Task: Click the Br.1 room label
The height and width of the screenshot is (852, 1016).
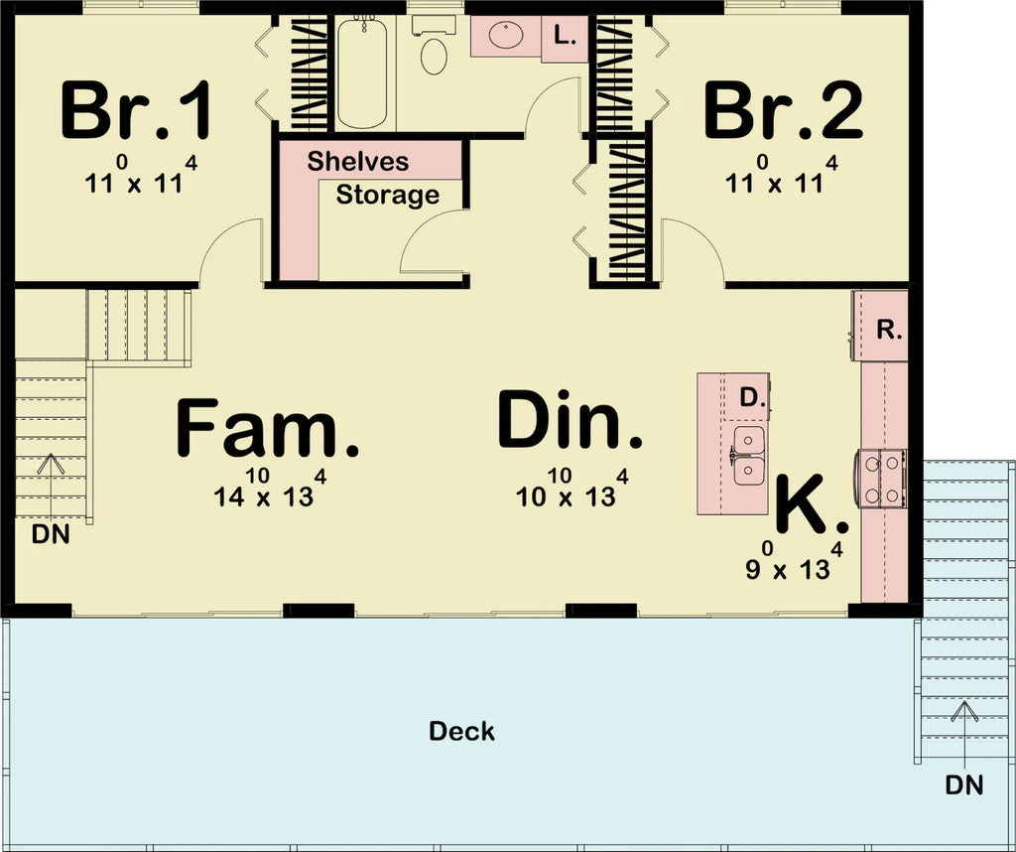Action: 136,112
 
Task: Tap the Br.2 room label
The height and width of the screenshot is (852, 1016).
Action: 783,112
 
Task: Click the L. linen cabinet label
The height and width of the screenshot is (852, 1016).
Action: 565,38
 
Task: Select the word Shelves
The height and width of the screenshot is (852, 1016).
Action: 357,161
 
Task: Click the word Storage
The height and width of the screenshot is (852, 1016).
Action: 387,195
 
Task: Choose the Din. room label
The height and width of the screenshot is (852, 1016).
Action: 571,421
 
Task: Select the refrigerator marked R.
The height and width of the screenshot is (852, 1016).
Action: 889,330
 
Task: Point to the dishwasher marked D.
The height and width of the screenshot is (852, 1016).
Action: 752,398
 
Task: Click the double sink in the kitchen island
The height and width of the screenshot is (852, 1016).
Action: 749,455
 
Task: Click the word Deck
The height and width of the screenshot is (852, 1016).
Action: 461,732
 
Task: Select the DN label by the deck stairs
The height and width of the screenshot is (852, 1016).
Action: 963,785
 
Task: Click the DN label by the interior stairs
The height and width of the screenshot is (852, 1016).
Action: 51,534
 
